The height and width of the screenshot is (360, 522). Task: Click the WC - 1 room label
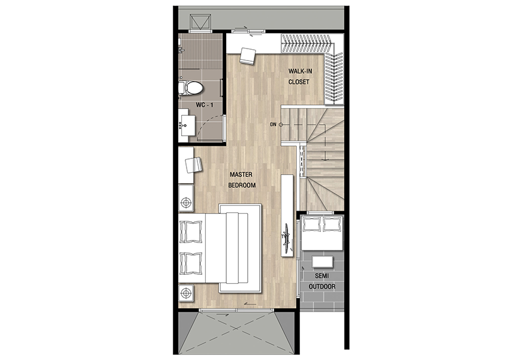pos(205,105)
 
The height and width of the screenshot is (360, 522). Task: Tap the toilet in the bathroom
pos(191,88)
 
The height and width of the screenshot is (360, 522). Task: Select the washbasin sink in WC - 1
pos(187,125)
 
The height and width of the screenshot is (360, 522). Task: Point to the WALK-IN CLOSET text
pos(300,76)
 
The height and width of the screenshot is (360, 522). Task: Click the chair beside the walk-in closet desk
pos(247,56)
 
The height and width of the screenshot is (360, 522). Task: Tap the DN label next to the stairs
pos(274,125)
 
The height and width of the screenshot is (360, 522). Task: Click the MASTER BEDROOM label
pos(241,180)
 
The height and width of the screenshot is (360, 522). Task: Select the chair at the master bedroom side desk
pos(194,165)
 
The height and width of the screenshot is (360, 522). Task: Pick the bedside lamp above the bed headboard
pos(186,202)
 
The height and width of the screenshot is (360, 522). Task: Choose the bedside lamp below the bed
pos(186,293)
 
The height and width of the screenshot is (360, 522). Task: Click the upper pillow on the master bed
pos(191,232)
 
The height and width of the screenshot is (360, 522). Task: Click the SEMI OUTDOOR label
pos(322,281)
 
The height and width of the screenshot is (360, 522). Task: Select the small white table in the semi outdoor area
pos(322,262)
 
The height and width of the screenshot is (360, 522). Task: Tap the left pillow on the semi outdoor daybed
pos(312,224)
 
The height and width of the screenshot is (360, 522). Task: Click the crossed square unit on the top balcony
pos(200,22)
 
